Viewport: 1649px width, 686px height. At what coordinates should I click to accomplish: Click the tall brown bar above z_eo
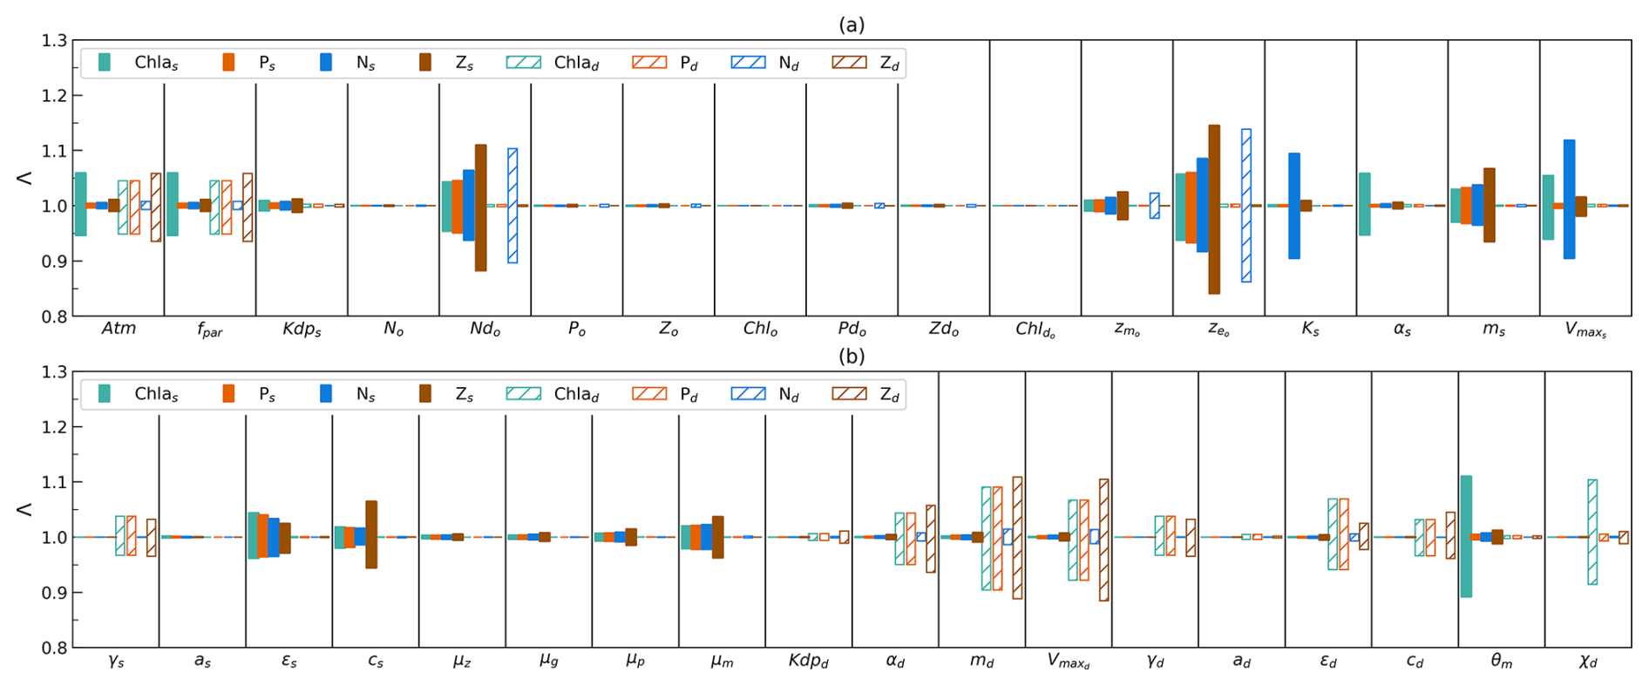click(x=1214, y=209)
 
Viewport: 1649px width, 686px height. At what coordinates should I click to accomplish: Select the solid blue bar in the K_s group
click(x=1294, y=206)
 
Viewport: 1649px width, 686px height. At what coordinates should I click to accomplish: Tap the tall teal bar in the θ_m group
click(x=1466, y=536)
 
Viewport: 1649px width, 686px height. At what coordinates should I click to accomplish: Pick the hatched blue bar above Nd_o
click(x=512, y=206)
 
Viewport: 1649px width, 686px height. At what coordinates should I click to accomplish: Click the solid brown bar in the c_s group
click(x=371, y=534)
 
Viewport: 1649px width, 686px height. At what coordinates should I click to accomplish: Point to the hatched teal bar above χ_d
click(x=1592, y=532)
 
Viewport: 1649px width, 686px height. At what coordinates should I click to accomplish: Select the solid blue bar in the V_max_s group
click(x=1569, y=199)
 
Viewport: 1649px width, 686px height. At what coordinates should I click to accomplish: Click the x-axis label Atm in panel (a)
click(x=119, y=329)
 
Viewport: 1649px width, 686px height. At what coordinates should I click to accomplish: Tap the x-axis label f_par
click(x=210, y=330)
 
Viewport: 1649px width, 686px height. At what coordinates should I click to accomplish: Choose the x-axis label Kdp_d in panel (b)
click(x=808, y=662)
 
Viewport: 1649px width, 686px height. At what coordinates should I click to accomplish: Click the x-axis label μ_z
click(x=462, y=662)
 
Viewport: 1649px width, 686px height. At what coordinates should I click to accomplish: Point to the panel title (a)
click(x=852, y=25)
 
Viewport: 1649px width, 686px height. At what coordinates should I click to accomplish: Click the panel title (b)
click(x=852, y=357)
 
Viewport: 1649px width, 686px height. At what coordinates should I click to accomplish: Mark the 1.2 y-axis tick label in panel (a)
click(x=54, y=95)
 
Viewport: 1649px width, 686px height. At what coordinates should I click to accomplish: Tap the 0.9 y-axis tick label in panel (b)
click(x=54, y=593)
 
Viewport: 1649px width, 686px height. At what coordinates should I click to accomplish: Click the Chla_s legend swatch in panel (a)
click(x=105, y=62)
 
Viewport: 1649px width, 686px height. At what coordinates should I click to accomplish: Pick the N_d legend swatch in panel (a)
click(x=748, y=62)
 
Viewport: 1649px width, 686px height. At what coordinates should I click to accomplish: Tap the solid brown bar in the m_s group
click(x=1490, y=205)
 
